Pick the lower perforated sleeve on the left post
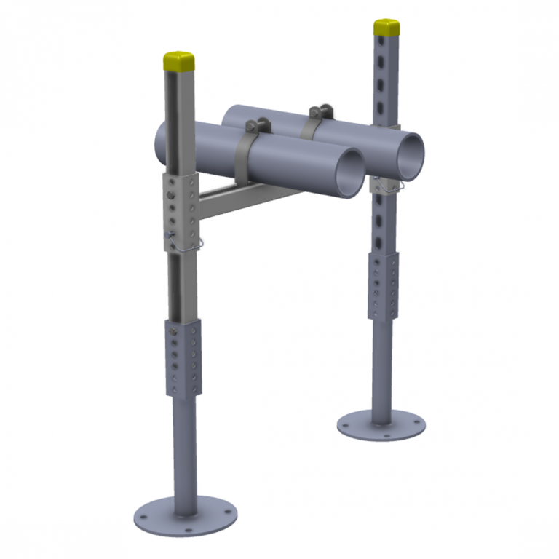pyautogui.click(x=184, y=357)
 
